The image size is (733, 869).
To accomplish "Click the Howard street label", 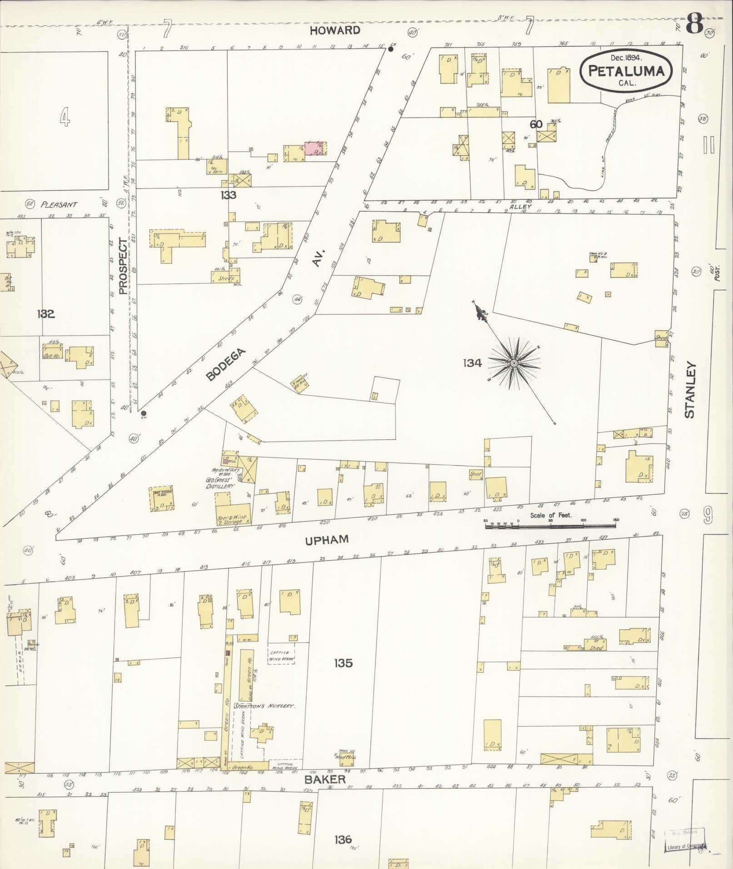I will [335, 30].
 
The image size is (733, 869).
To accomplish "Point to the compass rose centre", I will [514, 363].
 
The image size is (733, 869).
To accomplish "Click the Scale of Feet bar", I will [550, 526].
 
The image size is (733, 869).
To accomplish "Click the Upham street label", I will [327, 539].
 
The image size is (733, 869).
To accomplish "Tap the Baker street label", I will [325, 779].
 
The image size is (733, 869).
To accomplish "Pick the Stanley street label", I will [690, 390].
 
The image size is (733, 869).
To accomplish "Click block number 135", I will [343, 663].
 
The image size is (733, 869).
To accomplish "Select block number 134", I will [473, 363].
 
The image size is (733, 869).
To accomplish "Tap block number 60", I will [536, 124].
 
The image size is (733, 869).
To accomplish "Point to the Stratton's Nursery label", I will [265, 707].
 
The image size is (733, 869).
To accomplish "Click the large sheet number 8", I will [695, 24].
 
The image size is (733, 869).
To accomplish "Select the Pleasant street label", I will [59, 204].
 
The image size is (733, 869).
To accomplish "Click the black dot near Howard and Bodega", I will [390, 49].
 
